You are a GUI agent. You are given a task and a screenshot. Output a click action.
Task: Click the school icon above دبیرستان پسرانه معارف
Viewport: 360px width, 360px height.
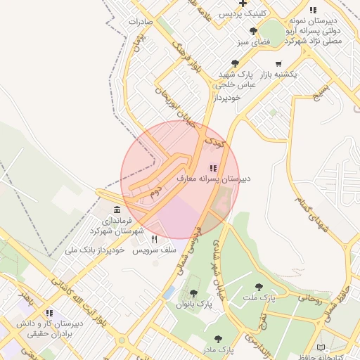coord(213,168)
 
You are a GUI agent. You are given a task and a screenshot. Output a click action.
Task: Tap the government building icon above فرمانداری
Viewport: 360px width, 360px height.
coord(117,211)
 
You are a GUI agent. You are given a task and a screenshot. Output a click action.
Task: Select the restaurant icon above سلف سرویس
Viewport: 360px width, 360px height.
coord(154,239)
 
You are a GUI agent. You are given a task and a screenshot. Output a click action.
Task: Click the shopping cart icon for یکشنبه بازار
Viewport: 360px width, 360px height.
coord(279,64)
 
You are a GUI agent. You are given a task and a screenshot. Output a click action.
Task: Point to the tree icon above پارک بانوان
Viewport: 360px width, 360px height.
coord(194,293)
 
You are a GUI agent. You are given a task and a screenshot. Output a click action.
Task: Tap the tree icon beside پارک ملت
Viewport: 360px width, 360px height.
coord(259,287)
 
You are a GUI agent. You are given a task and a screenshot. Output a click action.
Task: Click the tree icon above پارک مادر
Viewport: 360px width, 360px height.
coord(218,338)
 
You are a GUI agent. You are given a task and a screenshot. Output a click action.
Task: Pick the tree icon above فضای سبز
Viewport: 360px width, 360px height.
coord(253,31)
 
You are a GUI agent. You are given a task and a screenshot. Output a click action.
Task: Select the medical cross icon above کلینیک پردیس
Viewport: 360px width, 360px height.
coord(243,4)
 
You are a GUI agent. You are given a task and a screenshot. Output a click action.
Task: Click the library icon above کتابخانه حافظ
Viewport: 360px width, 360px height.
coord(321,347)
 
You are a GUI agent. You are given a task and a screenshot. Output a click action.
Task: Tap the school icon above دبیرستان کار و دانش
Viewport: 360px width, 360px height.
coord(49,313)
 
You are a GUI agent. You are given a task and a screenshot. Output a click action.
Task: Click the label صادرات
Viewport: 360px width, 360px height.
coord(141,22)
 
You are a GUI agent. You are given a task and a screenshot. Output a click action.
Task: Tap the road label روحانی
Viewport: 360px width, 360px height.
coord(309,298)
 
